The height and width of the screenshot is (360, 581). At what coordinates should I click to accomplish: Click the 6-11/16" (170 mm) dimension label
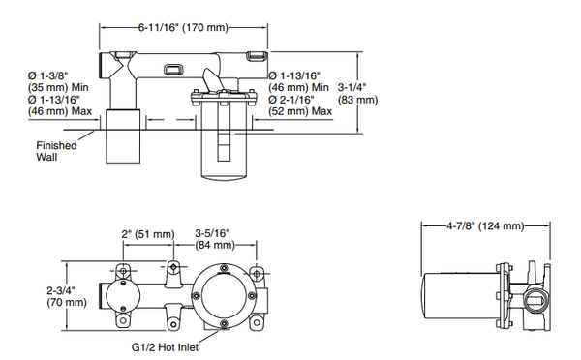(183, 27)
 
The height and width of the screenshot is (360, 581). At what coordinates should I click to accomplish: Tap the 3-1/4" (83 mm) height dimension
(357, 93)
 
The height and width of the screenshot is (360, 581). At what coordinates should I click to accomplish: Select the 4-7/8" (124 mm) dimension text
(485, 225)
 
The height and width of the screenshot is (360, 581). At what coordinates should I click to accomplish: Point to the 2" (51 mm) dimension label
(148, 234)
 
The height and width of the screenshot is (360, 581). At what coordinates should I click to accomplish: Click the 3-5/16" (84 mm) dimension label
(215, 239)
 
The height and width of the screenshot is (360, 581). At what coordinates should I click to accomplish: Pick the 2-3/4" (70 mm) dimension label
(66, 296)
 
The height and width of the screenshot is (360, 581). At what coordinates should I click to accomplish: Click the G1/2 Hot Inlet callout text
(165, 347)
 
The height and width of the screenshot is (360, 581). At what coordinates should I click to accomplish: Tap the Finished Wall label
(56, 151)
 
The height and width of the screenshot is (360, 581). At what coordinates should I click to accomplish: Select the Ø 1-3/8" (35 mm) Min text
(58, 81)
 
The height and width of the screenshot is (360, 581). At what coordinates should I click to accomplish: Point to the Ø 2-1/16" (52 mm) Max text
(300, 105)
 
